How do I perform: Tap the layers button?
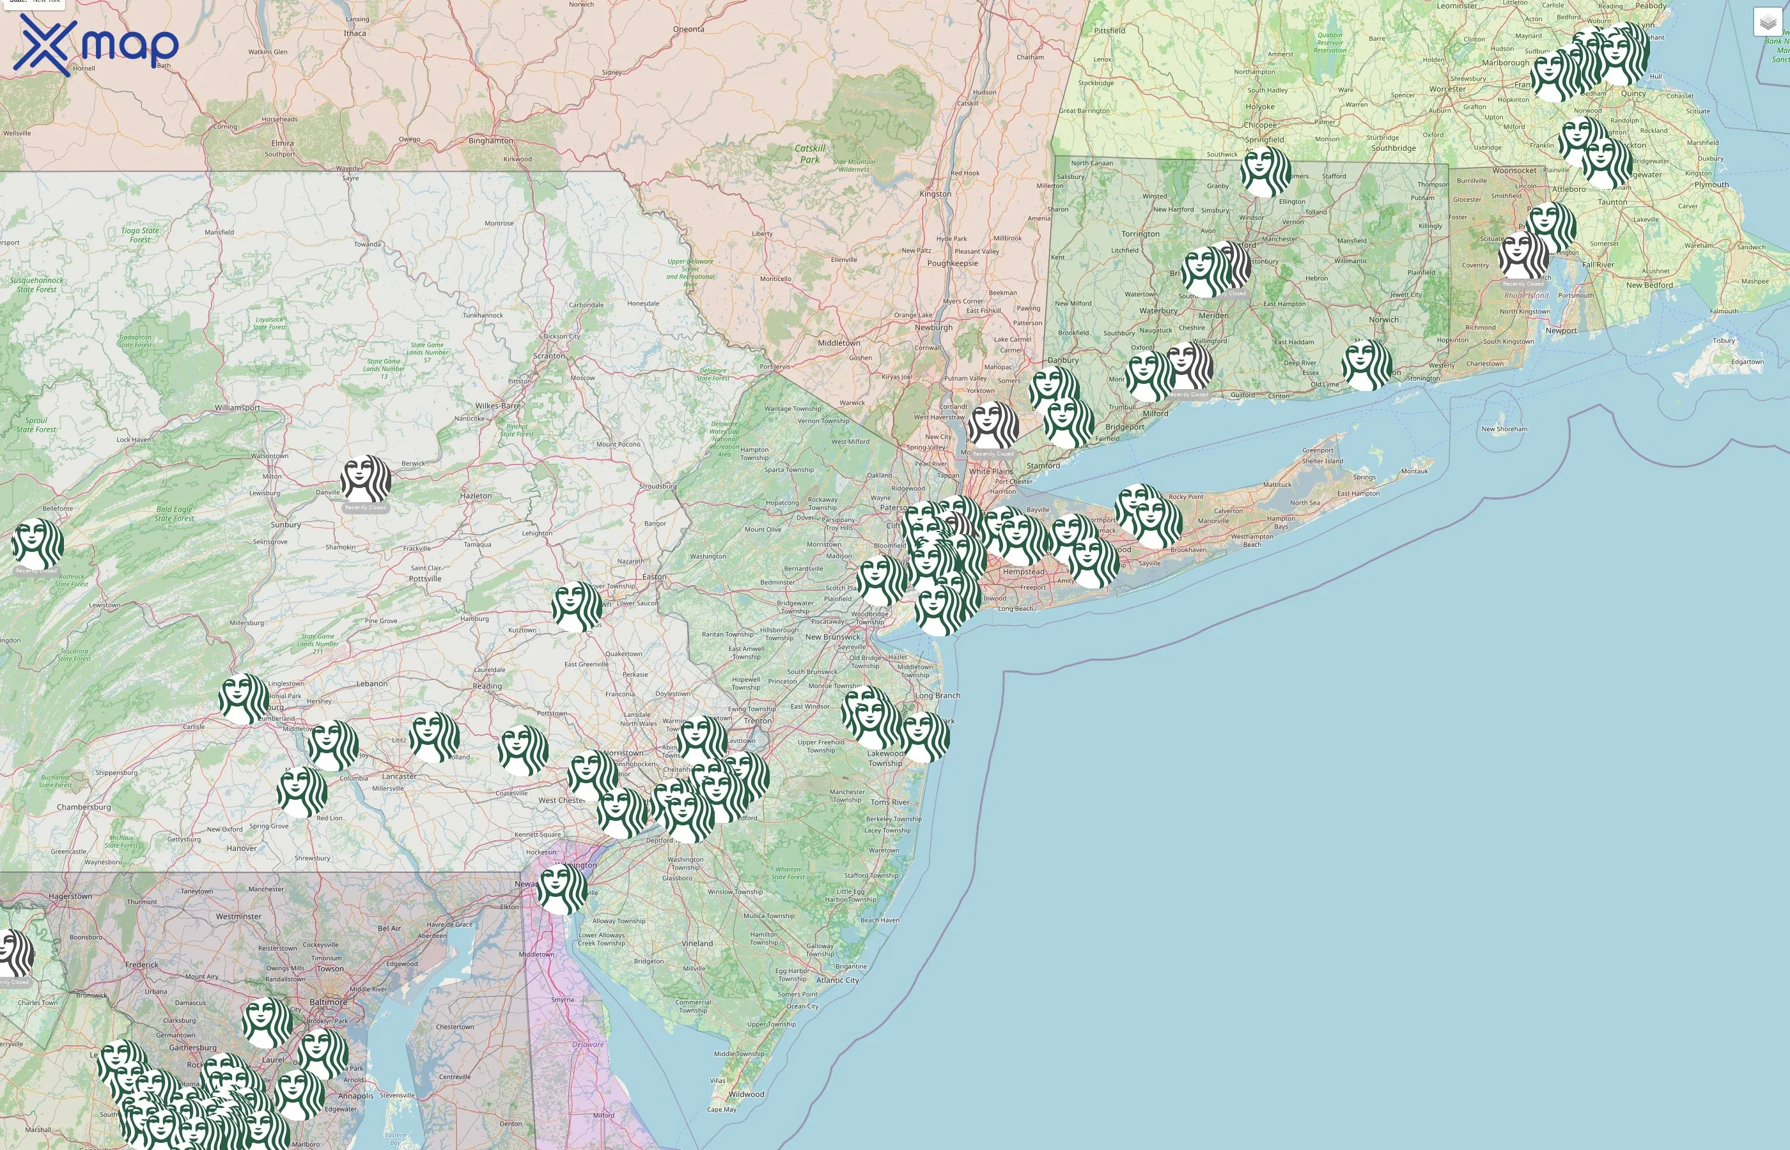(x=1767, y=22)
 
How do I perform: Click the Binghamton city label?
(x=490, y=141)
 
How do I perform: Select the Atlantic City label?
(x=837, y=981)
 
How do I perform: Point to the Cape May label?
(x=721, y=1109)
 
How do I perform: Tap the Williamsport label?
(x=238, y=408)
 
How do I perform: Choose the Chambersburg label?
(x=84, y=808)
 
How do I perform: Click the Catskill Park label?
(x=810, y=154)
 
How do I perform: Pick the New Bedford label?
(x=1649, y=285)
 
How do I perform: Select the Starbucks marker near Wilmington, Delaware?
(x=562, y=889)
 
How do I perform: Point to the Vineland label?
(x=697, y=943)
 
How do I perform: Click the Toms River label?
(x=890, y=802)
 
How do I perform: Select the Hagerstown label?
(x=70, y=896)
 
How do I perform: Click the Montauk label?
(x=1414, y=471)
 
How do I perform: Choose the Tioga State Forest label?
(x=140, y=235)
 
